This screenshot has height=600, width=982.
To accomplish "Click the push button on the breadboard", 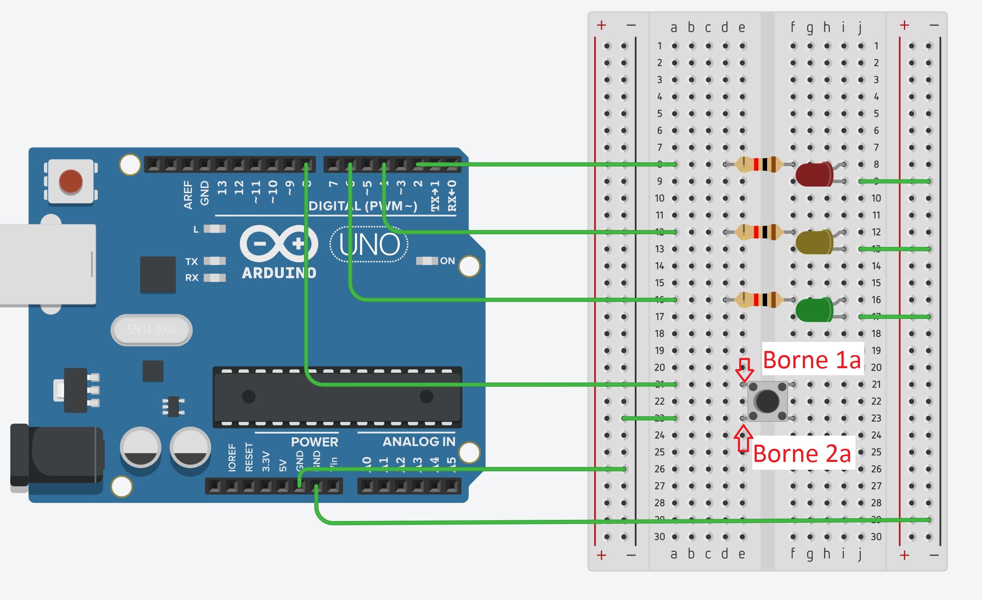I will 767,401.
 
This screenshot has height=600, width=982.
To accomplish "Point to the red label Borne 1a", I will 811,360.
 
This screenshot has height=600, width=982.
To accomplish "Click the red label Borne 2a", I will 802,454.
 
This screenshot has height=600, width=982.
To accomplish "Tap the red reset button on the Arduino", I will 71,181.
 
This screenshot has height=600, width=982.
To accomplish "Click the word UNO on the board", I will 369,245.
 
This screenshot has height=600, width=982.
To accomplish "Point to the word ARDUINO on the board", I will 279,273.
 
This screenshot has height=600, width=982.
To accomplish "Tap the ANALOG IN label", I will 419,442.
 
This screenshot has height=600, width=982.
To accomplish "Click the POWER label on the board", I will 314,442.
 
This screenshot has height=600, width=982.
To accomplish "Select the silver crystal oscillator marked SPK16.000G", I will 152,330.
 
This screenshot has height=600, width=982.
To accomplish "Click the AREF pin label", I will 188,195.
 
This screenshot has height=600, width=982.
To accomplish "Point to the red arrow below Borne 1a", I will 744,369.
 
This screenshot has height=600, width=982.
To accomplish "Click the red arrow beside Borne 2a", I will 743,438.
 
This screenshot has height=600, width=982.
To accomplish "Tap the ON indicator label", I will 447,261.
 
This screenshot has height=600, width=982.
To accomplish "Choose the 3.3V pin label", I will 266,461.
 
